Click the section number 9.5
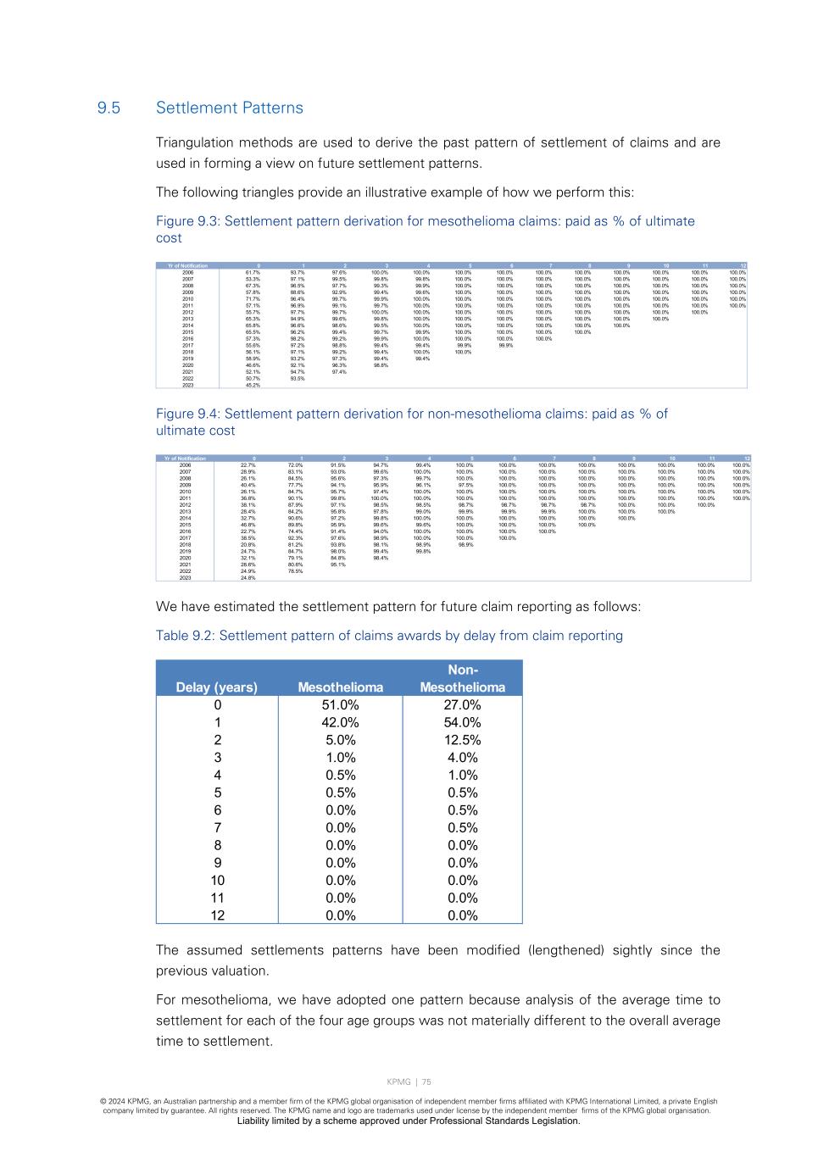[x=109, y=108]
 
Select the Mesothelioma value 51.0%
[x=340, y=705]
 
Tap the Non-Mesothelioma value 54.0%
[x=462, y=723]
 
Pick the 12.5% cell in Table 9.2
[x=462, y=740]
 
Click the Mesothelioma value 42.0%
[x=340, y=723]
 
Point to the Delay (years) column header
[x=216, y=687]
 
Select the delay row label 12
[x=217, y=915]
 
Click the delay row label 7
[x=217, y=828]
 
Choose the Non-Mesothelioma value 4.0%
[x=462, y=758]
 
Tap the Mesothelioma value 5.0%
[x=340, y=740]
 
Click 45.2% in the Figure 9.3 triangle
[x=253, y=385]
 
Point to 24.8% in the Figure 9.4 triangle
[x=248, y=578]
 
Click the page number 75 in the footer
[x=426, y=1082]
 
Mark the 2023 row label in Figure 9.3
[x=187, y=385]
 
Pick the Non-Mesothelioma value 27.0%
[x=462, y=705]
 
